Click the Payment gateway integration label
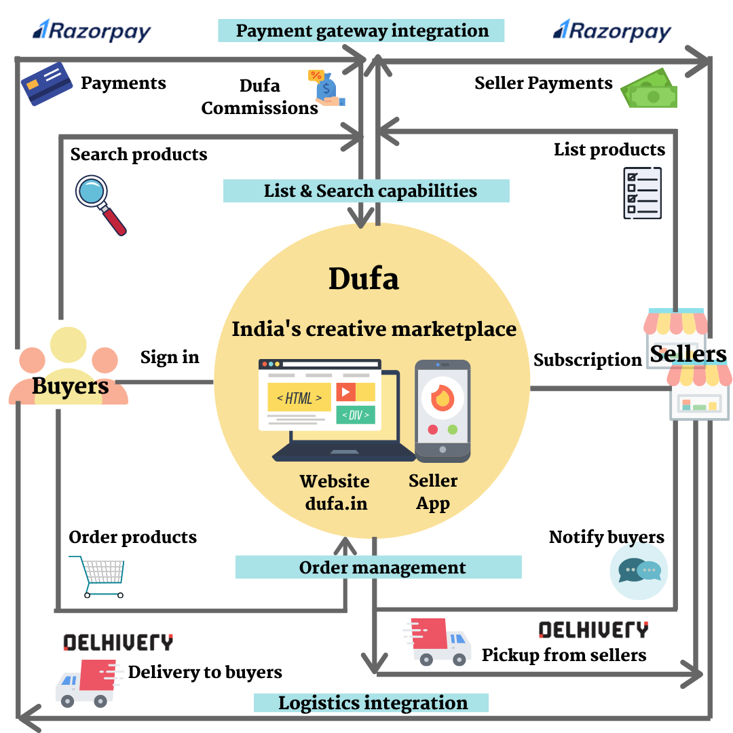pos(361,31)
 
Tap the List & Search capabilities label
pos(366,191)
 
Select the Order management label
pos(378,567)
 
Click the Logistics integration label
pos(371,702)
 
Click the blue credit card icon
pos(47,83)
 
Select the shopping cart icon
pos(98,576)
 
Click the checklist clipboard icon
pos(642,193)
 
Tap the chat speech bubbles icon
pos(639,571)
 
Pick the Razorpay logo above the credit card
pos(92,31)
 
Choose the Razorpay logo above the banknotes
pos(612,31)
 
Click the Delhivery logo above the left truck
pos(118,642)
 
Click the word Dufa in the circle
pos(364,278)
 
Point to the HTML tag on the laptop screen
pos(299,398)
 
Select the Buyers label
pos(70,386)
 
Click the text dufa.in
pos(335,504)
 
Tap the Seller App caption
pos(433,492)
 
